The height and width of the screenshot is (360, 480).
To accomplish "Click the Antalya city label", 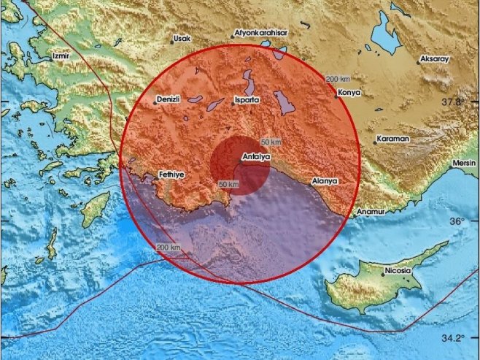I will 255,156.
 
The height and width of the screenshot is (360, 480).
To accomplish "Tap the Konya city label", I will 349,93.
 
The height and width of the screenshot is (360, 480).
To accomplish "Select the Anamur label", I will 369,212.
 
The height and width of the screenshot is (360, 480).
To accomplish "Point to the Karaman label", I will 392,138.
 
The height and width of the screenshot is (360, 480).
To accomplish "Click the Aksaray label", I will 436,58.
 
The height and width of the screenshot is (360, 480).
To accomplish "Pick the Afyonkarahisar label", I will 260,34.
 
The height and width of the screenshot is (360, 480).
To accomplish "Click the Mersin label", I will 464,162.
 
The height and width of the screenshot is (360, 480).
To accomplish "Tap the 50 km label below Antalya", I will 229,184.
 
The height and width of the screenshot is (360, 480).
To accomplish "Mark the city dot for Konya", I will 336,95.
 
